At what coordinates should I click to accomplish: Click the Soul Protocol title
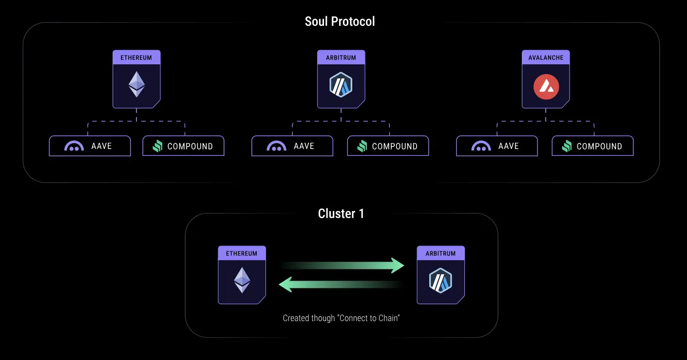pos(340,21)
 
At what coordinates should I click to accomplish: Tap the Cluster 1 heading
pos(341,213)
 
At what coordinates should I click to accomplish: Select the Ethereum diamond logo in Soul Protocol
pos(136,85)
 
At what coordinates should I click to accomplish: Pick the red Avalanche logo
pos(546,87)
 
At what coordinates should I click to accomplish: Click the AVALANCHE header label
pos(546,57)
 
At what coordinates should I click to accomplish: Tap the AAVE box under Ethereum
pos(90,146)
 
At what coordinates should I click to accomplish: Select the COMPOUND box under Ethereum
pos(183,146)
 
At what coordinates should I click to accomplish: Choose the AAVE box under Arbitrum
pos(292,146)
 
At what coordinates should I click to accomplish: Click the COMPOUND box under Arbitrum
pos(388,146)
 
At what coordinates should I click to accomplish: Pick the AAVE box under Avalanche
pos(497,146)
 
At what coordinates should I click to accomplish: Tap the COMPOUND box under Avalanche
pos(592,146)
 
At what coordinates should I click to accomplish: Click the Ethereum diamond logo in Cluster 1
pos(242,280)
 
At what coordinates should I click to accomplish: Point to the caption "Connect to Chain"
pos(341,318)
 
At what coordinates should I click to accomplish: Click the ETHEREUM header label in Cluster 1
pos(242,253)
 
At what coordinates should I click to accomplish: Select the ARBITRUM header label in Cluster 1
pos(440,253)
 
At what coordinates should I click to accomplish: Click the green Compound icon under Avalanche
pos(567,146)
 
